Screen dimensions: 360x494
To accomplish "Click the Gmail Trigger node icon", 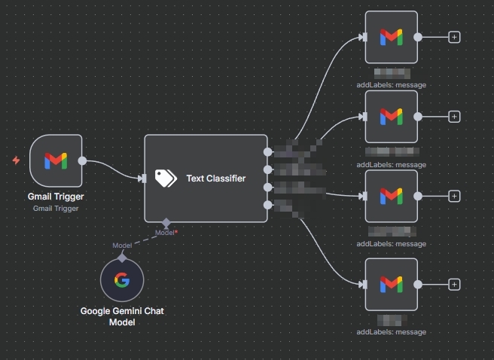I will [56, 160].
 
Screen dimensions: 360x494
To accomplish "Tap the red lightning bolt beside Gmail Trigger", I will [17, 160].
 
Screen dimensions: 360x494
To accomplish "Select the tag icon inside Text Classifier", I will [165, 178].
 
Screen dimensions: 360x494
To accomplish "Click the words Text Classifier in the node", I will [215, 178].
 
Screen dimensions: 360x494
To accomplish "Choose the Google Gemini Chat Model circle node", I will [122, 279].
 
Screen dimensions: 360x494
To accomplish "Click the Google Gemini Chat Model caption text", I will [121, 316].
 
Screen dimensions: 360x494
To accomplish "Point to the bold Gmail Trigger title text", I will [56, 197].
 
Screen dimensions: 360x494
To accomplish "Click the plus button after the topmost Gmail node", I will [454, 36].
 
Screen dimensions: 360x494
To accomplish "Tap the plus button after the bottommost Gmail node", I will [454, 284].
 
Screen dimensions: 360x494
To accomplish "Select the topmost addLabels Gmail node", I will [391, 37].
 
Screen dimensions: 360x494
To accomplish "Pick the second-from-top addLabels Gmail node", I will [391, 117].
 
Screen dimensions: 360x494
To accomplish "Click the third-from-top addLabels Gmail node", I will [391, 196].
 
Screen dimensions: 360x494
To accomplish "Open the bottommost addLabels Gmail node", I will [391, 284].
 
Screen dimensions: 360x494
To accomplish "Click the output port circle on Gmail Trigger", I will [82, 160].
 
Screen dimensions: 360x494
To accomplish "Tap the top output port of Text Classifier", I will [268, 151].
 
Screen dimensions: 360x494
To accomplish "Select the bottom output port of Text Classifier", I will [268, 205].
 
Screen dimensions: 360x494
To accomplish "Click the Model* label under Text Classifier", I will [166, 233].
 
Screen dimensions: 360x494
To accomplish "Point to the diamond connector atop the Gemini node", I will [122, 257].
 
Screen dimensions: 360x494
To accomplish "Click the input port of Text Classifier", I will [142, 178].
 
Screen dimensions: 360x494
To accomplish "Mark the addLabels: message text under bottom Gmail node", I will [391, 331].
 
